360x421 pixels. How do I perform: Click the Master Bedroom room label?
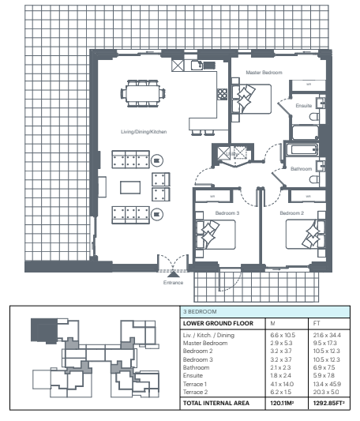point(264,73)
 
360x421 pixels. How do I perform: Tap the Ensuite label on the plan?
point(304,106)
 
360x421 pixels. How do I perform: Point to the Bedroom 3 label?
point(227,213)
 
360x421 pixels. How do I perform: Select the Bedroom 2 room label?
point(291,213)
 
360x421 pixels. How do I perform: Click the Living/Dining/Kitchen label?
point(144,132)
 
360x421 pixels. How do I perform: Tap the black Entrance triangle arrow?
point(174,274)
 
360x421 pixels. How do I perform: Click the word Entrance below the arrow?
point(173,283)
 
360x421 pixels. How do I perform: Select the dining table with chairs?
point(143,93)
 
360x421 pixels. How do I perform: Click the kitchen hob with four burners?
point(223,94)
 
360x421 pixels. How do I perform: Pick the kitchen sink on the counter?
point(197,66)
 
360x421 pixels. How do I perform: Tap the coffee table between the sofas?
point(130,187)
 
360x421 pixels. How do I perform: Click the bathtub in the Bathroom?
point(302,149)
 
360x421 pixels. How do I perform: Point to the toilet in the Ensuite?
point(314,117)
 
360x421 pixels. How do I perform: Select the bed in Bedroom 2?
point(305,235)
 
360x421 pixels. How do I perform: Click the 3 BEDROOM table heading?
point(200,312)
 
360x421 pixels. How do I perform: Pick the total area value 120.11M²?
point(282,403)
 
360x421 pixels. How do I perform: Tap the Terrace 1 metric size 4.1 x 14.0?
point(282,384)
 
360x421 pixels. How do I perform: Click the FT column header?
point(317,323)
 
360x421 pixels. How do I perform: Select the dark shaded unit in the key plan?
point(44,331)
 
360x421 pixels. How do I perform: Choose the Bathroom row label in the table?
point(196,367)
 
